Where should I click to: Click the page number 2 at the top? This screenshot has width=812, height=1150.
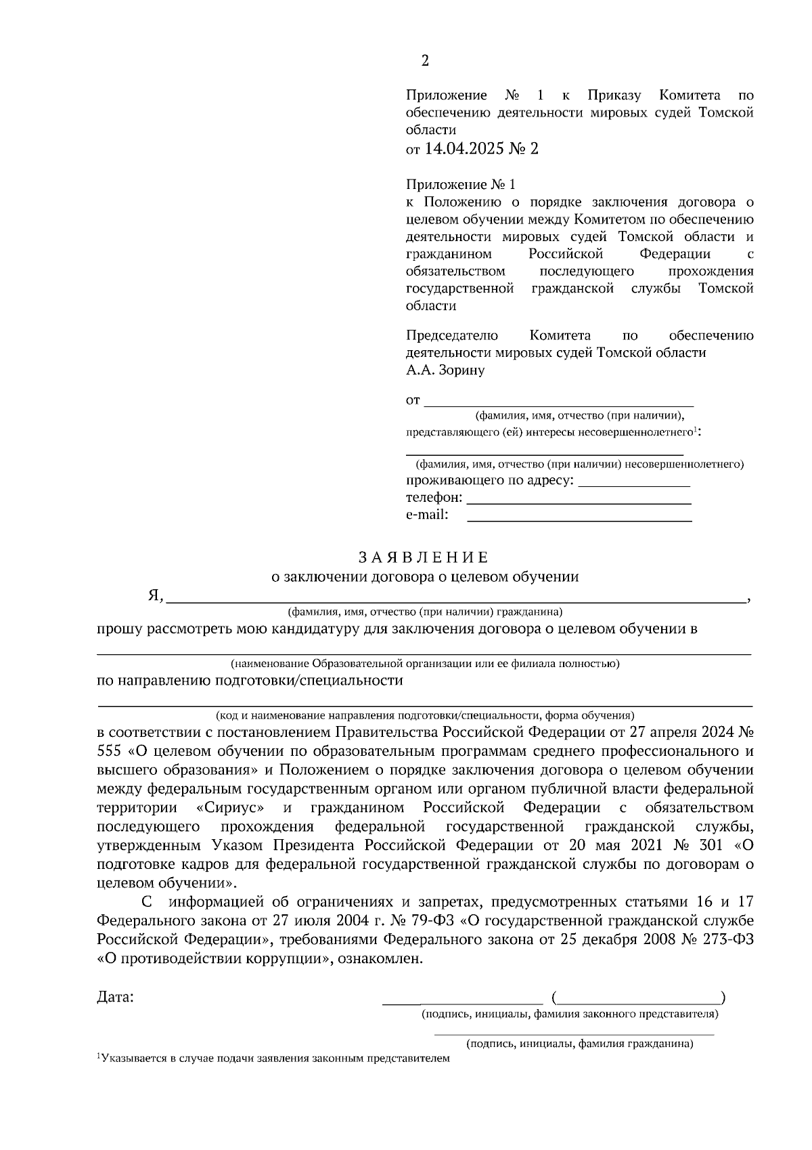pyautogui.click(x=424, y=61)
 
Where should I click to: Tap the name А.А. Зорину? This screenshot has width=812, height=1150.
pyautogui.click(x=445, y=370)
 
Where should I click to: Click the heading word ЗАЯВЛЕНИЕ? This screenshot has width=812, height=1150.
pyautogui.click(x=423, y=557)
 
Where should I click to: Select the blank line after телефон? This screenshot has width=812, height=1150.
pyautogui.click(x=579, y=503)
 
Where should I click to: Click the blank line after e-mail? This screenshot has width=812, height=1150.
pyautogui.click(x=579, y=520)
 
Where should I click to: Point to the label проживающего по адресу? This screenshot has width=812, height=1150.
pyautogui.click(x=490, y=481)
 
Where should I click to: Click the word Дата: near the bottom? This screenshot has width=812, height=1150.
pyautogui.click(x=116, y=997)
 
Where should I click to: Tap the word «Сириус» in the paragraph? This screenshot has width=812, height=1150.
pyautogui.click(x=229, y=808)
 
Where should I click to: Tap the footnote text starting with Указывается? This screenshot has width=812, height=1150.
pyautogui.click(x=273, y=1058)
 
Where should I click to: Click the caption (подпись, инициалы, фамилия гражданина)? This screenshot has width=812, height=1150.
pyautogui.click(x=579, y=1044)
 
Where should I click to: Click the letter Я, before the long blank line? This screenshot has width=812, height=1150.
pyautogui.click(x=156, y=596)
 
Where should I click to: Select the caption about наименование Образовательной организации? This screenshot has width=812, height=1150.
pyautogui.click(x=424, y=664)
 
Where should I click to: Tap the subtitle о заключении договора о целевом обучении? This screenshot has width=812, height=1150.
pyautogui.click(x=424, y=577)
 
